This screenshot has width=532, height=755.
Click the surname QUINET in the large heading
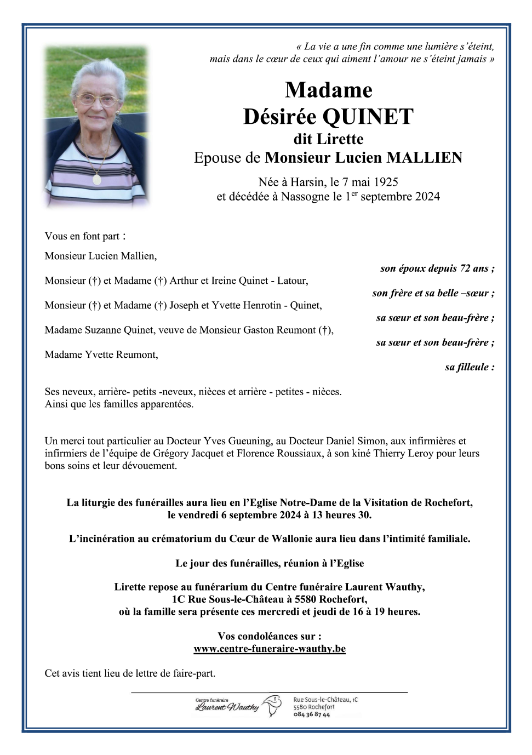[x=368, y=117]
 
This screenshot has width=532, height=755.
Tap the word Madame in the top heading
[x=328, y=90]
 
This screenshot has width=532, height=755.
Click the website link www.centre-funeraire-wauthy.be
[x=270, y=649]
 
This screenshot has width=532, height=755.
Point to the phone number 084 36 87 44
[x=312, y=714]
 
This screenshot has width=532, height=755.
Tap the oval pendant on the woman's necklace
[x=97, y=179]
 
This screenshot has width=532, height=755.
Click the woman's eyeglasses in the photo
[x=97, y=100]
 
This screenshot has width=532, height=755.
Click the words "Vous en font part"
[x=82, y=236]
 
